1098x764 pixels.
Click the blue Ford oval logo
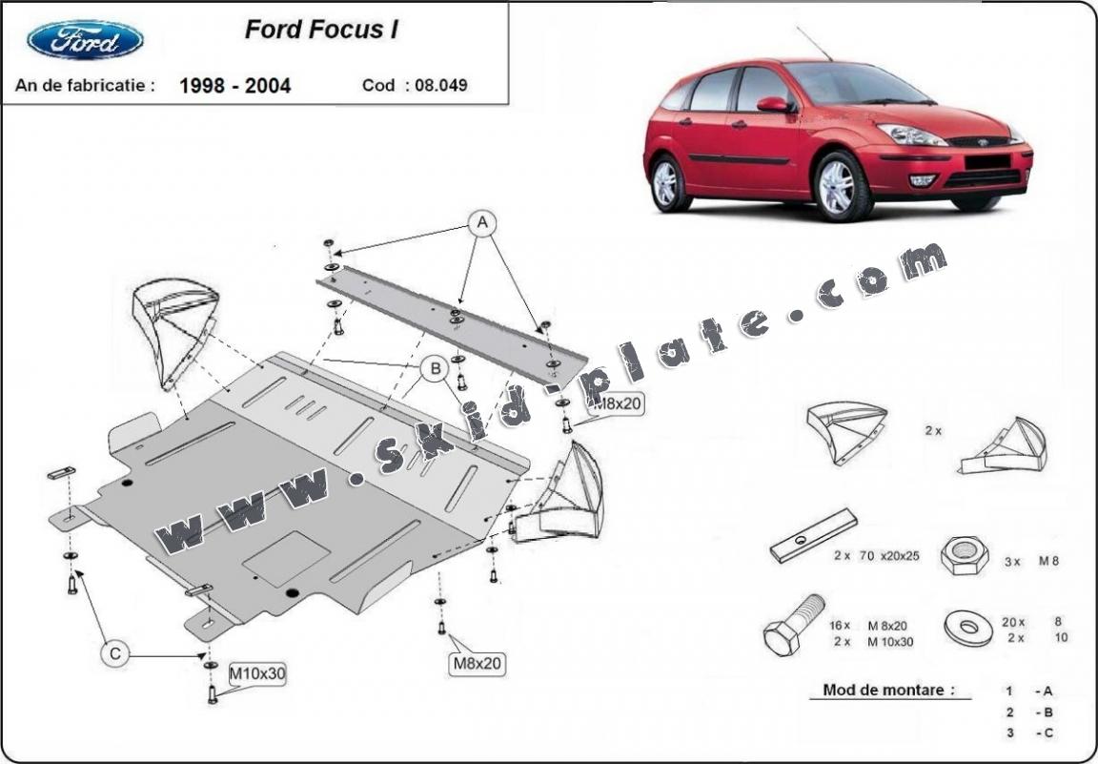coord(86,40)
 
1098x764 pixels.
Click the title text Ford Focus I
coord(321,30)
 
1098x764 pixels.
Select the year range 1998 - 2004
coord(235,86)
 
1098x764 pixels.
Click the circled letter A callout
coord(482,223)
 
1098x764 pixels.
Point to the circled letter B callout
coord(435,368)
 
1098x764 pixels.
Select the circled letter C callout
coord(114,653)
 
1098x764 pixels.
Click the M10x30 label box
coord(257,675)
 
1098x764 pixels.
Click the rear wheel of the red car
coord(669,183)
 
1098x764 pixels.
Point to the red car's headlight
coord(912,134)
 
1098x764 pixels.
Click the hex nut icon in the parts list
coord(964,555)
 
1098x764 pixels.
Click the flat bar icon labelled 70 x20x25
coord(813,536)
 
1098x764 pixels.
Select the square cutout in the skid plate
coord(286,558)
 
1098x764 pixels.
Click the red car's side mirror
coord(773,104)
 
